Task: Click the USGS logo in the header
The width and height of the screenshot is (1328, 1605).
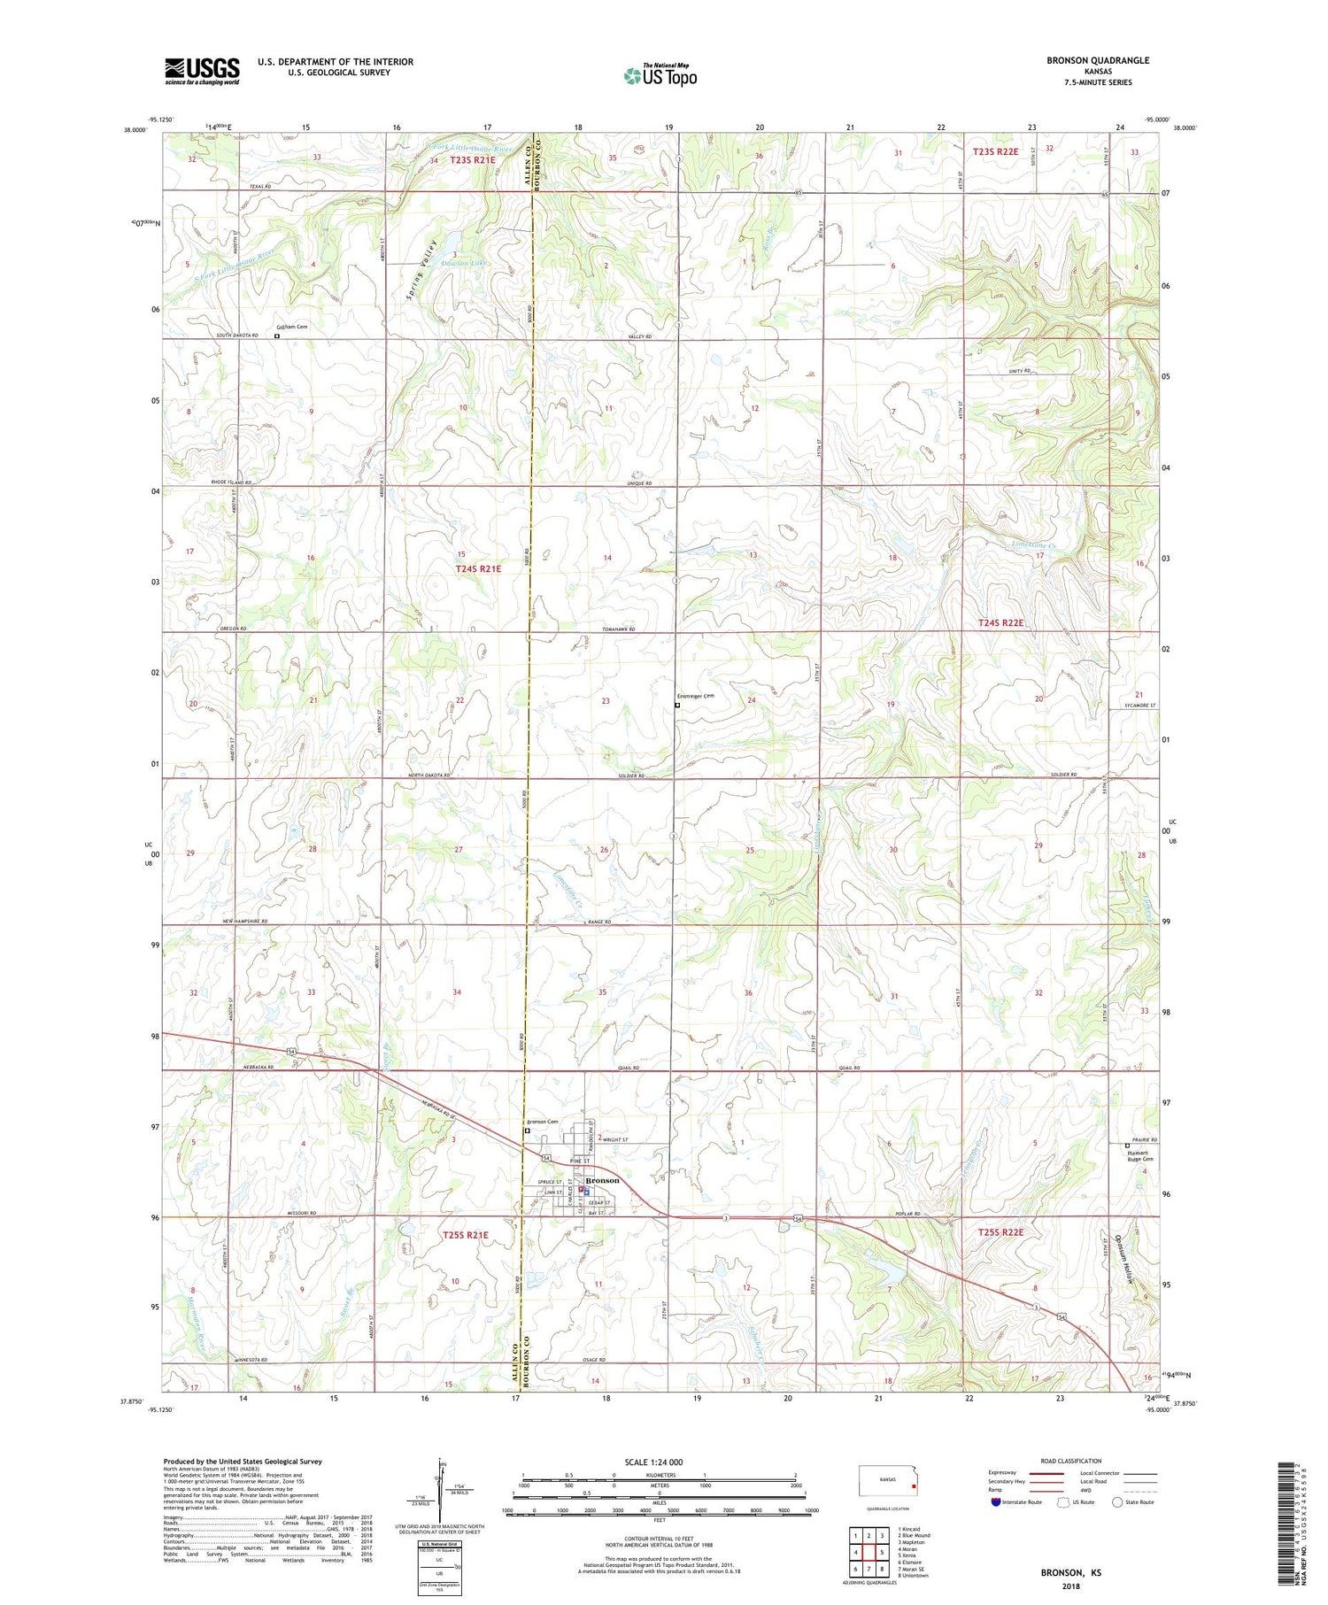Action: pyautogui.click(x=202, y=71)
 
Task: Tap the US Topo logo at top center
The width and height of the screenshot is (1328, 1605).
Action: pyautogui.click(x=660, y=76)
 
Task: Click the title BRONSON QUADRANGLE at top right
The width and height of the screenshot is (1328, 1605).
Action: pyautogui.click(x=1097, y=60)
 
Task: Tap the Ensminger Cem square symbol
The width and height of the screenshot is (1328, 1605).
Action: pyautogui.click(x=677, y=706)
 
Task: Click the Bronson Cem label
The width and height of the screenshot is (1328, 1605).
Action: pyautogui.click(x=543, y=1123)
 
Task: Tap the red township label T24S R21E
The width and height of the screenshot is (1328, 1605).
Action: pyautogui.click(x=478, y=568)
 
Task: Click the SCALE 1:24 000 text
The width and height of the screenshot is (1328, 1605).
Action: pyautogui.click(x=653, y=1462)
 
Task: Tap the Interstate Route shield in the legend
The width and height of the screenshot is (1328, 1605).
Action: pyautogui.click(x=996, y=1502)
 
